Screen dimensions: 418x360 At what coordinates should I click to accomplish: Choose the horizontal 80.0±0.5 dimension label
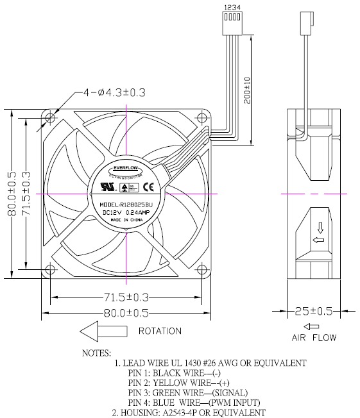[126, 313]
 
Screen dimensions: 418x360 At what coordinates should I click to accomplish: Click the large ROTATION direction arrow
[103, 331]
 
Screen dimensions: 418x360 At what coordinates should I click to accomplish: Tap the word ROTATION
[160, 331]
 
